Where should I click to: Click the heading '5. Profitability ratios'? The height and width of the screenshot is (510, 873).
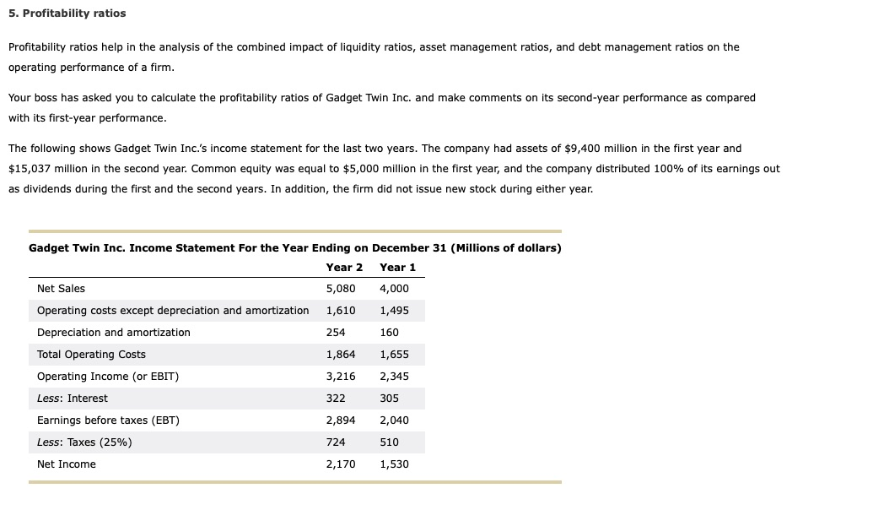point(67,14)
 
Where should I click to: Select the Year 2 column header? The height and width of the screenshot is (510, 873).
point(344,268)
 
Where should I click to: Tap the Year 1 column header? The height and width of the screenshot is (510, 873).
point(397,268)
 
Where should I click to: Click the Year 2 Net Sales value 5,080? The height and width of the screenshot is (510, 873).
point(341,289)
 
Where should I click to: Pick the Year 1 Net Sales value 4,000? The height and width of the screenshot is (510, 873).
point(394,289)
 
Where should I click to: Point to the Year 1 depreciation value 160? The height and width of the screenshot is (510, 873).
point(389,333)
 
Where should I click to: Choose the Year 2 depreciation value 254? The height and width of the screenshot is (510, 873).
point(336,333)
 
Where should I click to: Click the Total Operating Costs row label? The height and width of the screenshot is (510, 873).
point(91,355)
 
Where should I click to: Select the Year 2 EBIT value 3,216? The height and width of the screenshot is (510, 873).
point(341,377)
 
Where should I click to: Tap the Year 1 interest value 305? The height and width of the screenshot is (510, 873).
point(389,399)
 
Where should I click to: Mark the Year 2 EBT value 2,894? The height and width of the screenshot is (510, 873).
point(341,420)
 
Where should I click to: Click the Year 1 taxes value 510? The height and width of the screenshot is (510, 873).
point(389,442)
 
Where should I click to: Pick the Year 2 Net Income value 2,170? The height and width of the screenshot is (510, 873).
point(341,464)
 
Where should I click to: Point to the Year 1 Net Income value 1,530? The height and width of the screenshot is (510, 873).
point(394,464)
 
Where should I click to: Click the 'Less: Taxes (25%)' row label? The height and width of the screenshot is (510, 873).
point(84,442)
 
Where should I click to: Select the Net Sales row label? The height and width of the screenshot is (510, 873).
point(62,289)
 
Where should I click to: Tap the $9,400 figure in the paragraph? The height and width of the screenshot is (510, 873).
point(582,149)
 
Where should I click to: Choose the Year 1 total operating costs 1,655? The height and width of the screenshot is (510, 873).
point(394,355)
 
